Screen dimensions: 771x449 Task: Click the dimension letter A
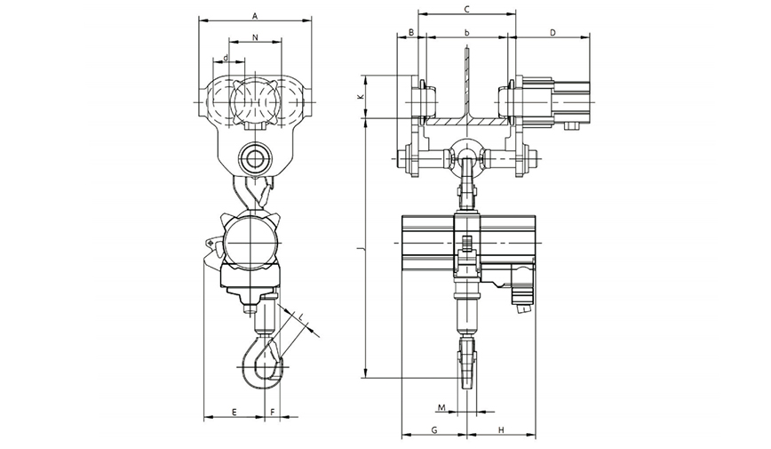point(255,16)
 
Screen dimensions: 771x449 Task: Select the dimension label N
point(255,37)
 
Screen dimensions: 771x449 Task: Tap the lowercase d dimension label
point(226,58)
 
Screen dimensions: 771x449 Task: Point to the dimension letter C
point(467,9)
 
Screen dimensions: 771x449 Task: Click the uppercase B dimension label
point(412,33)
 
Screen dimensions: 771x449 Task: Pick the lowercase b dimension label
point(467,33)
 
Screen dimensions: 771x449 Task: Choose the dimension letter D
point(552,33)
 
